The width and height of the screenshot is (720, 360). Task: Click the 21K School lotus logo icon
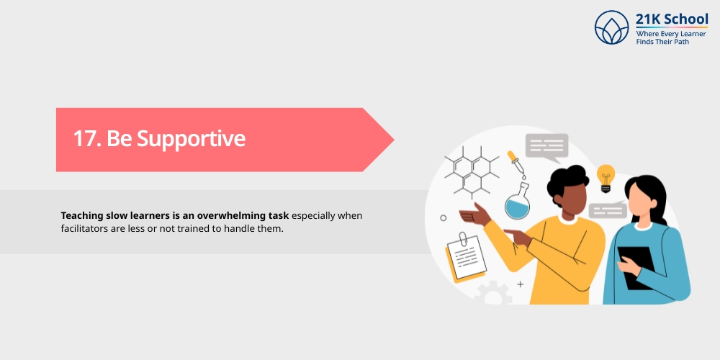point(612,27)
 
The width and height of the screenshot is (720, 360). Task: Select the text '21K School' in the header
point(672,19)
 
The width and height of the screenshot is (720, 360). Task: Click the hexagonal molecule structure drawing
point(472,171)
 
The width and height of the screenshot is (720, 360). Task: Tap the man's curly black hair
point(567,181)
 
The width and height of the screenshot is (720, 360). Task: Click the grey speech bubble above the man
point(546,145)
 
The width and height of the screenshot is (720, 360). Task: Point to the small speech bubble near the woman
point(606,210)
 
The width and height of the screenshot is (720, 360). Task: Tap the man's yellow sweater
point(569,259)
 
